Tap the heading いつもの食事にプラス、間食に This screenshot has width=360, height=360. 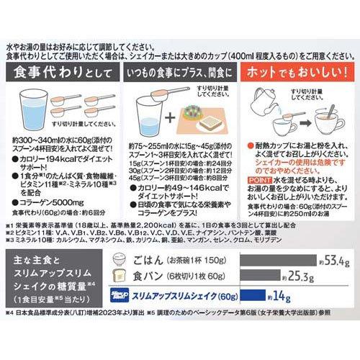[x=179, y=73]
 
